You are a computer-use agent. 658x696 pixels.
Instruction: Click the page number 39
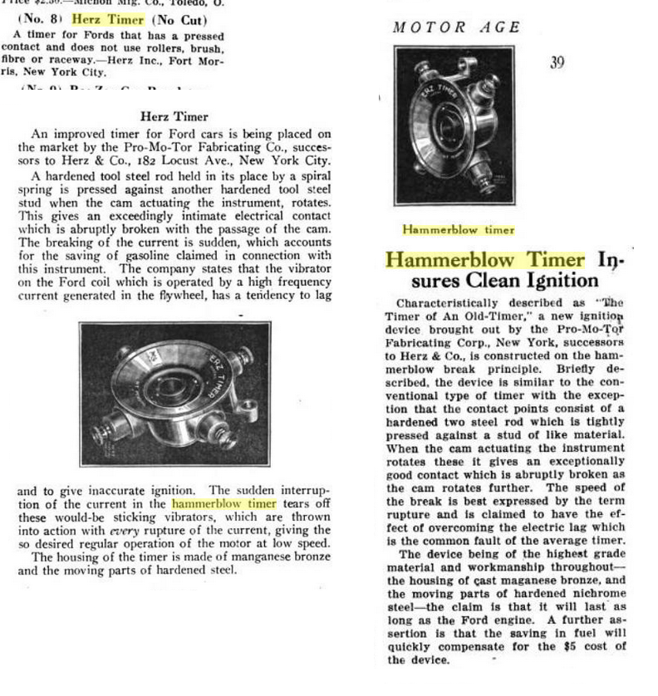[557, 62]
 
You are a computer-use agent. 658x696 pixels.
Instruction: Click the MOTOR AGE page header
[457, 27]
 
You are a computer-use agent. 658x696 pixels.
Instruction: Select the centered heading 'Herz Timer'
[174, 117]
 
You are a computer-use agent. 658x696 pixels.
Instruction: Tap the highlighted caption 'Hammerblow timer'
[459, 229]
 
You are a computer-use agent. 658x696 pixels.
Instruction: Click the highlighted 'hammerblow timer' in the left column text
[224, 503]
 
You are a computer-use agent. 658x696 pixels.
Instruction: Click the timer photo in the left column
[174, 393]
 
